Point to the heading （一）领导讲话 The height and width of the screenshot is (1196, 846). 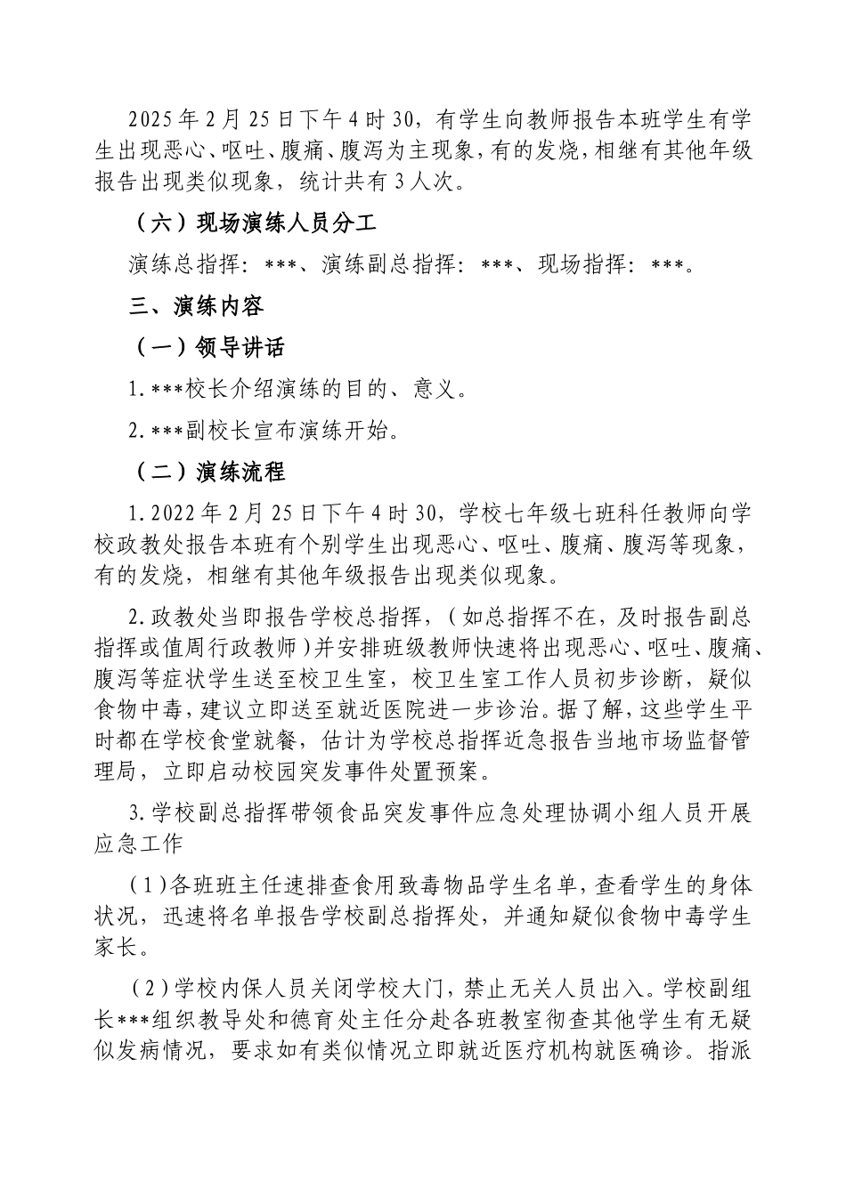(x=208, y=348)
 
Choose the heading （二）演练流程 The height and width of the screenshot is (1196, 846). (x=208, y=471)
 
